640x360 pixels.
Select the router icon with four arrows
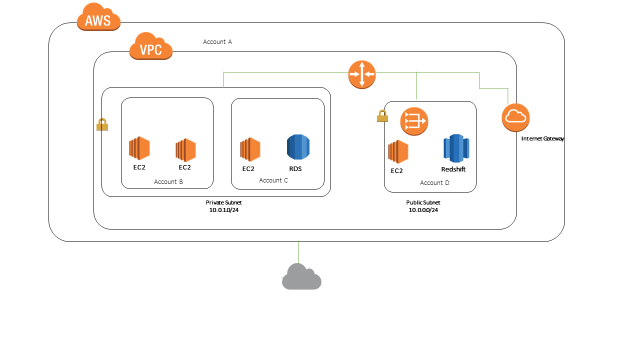(x=361, y=74)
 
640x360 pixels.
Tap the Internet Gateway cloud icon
(x=515, y=117)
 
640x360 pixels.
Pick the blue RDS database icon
(x=298, y=147)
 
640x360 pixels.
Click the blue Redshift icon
(x=455, y=148)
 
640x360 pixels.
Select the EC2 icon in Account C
(x=250, y=149)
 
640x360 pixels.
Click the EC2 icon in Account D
(x=398, y=152)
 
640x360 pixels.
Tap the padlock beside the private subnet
(x=102, y=124)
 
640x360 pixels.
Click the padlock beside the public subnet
(x=382, y=116)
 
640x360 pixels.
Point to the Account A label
(x=217, y=42)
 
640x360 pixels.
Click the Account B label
(x=168, y=182)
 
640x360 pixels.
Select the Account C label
(x=273, y=180)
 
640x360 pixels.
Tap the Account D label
(x=434, y=183)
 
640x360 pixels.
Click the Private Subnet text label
(x=223, y=202)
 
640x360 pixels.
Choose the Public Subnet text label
(x=423, y=202)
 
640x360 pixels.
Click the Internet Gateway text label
(x=542, y=138)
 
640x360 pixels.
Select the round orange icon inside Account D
(x=414, y=121)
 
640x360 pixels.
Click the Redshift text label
(x=453, y=169)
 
